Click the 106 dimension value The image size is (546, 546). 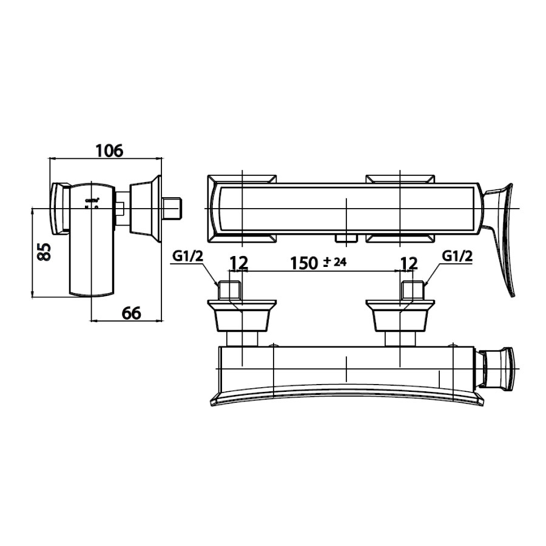click(x=109, y=150)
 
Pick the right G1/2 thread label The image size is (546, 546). click(x=457, y=257)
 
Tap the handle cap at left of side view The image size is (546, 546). click(x=59, y=208)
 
